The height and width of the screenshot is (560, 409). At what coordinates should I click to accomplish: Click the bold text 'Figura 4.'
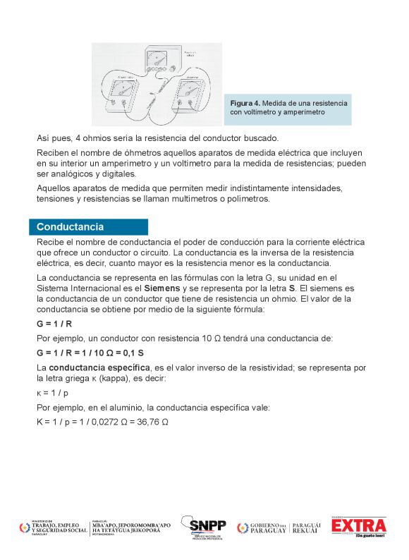coord(245,103)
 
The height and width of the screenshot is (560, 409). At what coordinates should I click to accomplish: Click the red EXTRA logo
coord(359,526)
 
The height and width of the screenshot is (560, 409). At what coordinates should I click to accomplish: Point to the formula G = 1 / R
coord(54,324)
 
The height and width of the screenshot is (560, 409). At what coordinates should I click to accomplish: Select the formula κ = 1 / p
coord(54,392)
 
